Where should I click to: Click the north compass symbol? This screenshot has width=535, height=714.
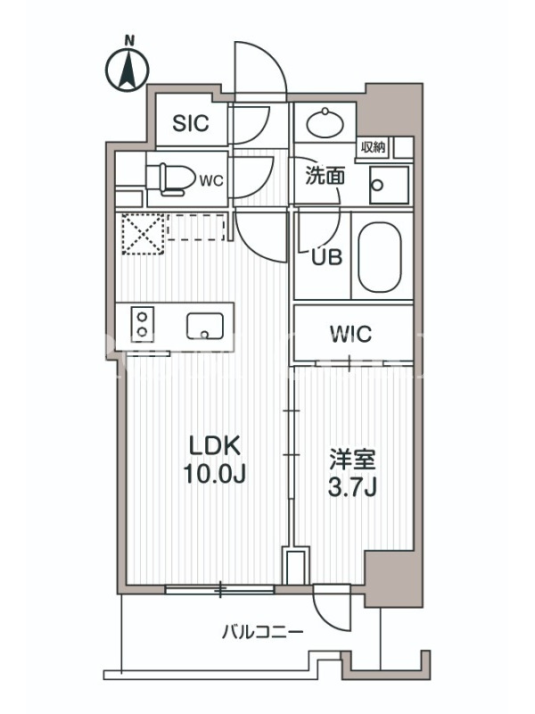pos(128,71)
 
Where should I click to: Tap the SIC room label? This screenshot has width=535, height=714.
pos(191,123)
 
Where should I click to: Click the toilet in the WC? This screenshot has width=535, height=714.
pos(169,180)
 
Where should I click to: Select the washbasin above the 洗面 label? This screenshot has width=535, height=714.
pos(325,122)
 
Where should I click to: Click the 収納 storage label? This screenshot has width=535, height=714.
pos(373,147)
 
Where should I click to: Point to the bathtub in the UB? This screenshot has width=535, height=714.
pos(380,256)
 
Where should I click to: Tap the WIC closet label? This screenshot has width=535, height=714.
pos(350,334)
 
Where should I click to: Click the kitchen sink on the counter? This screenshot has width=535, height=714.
pos(205,326)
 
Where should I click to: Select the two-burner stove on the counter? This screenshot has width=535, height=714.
pos(143,324)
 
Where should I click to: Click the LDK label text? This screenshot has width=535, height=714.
pos(215,447)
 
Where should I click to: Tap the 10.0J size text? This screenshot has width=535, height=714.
pos(215,475)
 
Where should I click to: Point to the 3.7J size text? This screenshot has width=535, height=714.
pos(352,488)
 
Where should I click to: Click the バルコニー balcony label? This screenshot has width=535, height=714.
pos(262,633)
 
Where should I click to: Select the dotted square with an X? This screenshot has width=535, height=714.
pos(143,234)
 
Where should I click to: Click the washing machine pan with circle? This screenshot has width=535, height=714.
pos(389,185)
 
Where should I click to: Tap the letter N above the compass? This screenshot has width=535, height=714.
pos(130,41)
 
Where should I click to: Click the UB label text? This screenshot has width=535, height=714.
pos(326,258)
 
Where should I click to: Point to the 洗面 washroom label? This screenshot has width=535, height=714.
pos(325,176)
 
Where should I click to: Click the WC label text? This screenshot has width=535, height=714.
pos(211,181)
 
